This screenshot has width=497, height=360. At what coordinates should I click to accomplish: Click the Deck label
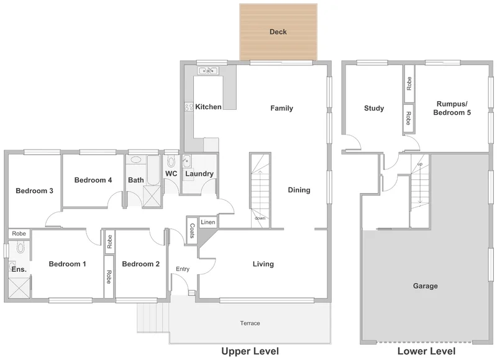point(278,32)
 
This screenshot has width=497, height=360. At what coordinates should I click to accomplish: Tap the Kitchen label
point(208,107)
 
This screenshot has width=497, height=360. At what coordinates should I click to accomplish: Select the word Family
point(281,109)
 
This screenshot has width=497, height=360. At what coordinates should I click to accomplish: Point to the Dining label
point(299,191)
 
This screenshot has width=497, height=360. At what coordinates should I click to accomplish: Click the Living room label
point(263,264)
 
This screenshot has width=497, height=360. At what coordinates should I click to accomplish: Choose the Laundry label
point(199,174)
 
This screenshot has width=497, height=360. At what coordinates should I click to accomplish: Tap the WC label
point(171,174)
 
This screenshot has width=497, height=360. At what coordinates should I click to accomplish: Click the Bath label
point(136,181)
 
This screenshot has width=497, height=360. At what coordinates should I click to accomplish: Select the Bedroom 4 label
point(93,181)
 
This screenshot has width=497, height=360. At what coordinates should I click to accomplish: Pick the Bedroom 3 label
point(34,191)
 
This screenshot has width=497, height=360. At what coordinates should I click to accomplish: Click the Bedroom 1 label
point(67,264)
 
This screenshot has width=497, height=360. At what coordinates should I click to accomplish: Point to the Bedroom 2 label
point(140,264)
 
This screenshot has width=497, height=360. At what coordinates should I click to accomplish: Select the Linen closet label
point(208,222)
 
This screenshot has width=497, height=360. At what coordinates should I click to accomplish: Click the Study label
point(373,109)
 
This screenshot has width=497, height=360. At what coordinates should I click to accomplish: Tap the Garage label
point(425,286)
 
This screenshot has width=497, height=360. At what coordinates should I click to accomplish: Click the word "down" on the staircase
point(260,218)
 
